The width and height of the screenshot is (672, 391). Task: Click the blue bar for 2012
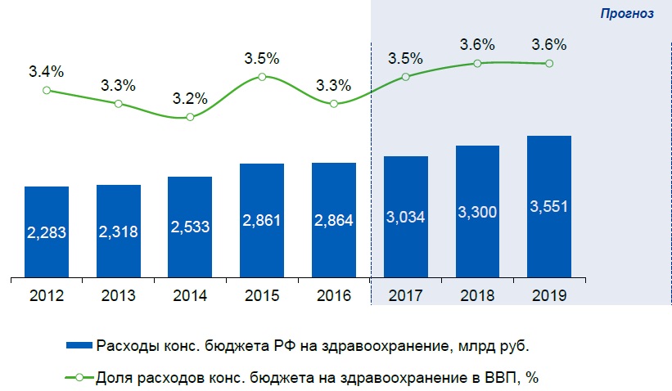click(x=47, y=233)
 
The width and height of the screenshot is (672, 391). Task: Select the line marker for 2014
click(x=190, y=117)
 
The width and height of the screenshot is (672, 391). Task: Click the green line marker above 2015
click(x=262, y=77)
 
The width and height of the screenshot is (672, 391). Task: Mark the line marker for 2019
click(x=548, y=63)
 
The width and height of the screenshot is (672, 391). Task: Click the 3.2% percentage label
click(x=190, y=99)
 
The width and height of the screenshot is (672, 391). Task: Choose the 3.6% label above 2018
click(x=476, y=45)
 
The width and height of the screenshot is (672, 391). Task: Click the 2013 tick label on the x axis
click(x=119, y=294)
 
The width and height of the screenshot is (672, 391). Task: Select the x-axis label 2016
click(x=333, y=294)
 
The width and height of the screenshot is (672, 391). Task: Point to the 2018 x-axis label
click(x=476, y=294)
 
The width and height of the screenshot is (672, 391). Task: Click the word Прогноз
click(x=626, y=14)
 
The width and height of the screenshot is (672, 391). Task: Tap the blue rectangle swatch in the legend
click(x=79, y=346)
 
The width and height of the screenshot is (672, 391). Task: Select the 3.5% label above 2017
click(x=405, y=58)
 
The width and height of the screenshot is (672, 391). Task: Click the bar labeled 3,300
click(x=476, y=212)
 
